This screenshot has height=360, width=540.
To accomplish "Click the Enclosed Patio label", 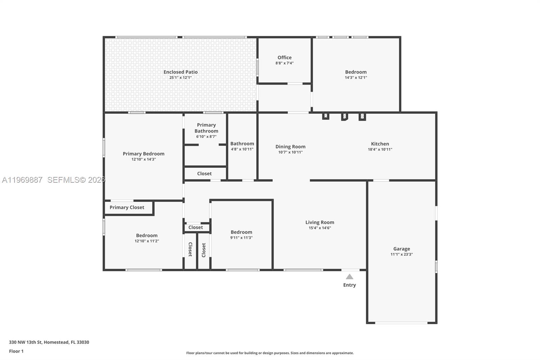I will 181,72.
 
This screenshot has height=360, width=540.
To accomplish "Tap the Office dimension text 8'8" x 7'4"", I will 285,63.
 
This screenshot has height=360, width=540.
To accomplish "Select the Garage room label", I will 402,249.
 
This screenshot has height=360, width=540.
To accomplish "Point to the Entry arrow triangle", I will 350,277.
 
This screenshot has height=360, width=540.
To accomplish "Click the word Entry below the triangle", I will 350,285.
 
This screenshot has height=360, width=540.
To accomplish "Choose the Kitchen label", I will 380,144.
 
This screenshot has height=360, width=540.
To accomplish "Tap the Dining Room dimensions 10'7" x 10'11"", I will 290,152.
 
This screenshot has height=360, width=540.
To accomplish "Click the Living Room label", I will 320,222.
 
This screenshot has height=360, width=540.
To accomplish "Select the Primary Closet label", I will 127,207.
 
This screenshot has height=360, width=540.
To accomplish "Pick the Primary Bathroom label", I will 206,128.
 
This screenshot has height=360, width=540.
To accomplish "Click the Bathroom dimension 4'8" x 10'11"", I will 242,149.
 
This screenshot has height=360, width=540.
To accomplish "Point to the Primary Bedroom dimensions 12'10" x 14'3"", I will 143,159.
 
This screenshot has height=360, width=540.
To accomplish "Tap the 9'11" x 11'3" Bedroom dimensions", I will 241,238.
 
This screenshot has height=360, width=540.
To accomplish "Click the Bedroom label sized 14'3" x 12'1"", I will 356,72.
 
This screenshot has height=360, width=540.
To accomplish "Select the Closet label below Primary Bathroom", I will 205,174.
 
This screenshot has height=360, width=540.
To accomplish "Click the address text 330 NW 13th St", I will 25,342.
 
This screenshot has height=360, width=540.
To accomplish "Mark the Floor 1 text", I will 16,351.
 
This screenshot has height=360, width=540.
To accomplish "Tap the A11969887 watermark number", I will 22,180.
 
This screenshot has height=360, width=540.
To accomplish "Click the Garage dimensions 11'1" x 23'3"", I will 402,255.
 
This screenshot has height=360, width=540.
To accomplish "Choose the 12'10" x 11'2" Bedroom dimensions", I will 147,241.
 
